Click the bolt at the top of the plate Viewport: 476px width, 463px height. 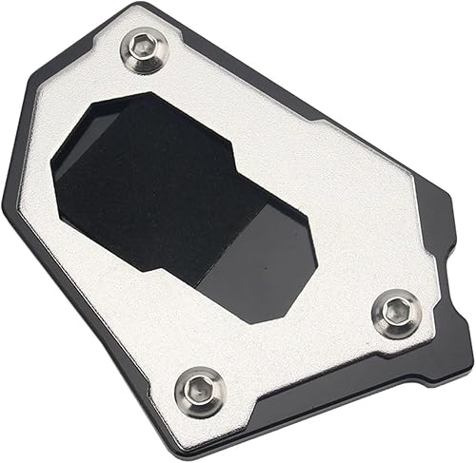click(144, 53)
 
